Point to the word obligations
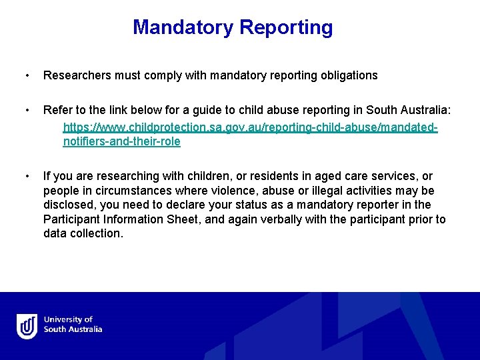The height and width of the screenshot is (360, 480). [x=347, y=75]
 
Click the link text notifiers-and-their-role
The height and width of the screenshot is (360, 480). [x=121, y=141]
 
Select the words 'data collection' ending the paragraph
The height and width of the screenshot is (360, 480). [x=83, y=234]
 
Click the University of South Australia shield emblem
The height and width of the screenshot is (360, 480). [x=27, y=325]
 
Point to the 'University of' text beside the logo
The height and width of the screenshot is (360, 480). [x=68, y=320]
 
